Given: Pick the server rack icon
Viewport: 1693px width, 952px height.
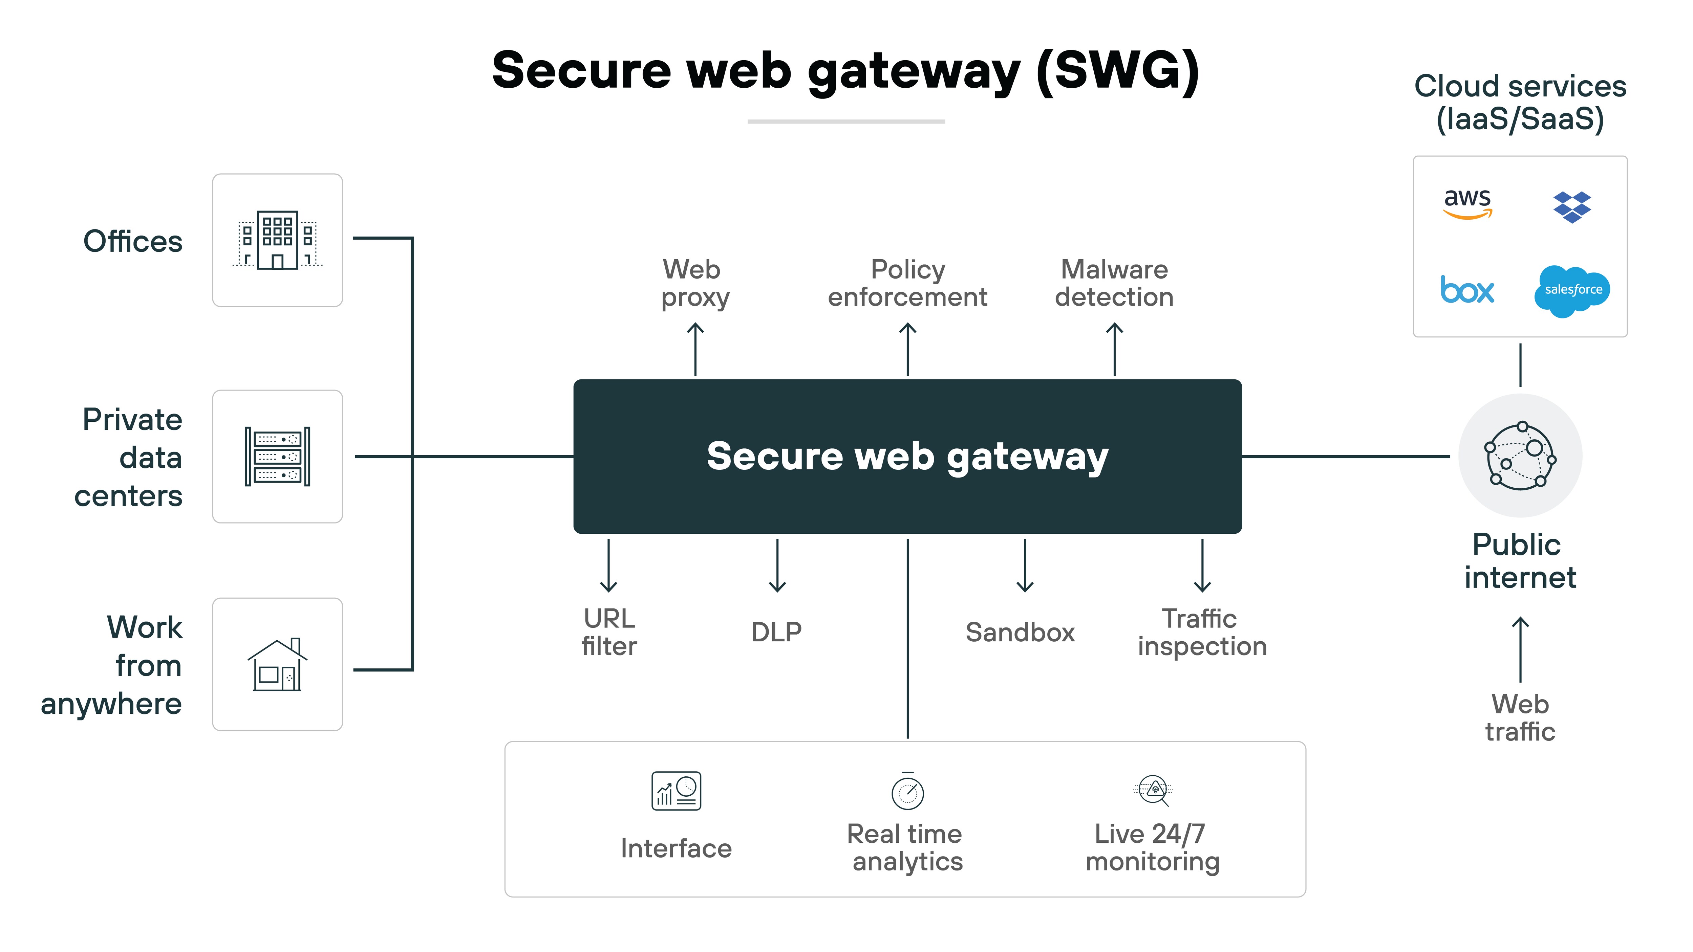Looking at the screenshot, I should pos(277,457).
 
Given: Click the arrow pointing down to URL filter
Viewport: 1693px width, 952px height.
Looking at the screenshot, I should pos(608,565).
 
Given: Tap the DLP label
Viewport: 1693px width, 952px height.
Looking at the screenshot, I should pos(776,632).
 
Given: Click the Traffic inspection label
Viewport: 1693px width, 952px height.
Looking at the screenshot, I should pos(1202,632).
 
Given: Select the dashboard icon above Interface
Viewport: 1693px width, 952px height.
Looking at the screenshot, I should pos(676,791).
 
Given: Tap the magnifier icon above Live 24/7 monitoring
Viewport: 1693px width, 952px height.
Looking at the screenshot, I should pos(1153,790).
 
